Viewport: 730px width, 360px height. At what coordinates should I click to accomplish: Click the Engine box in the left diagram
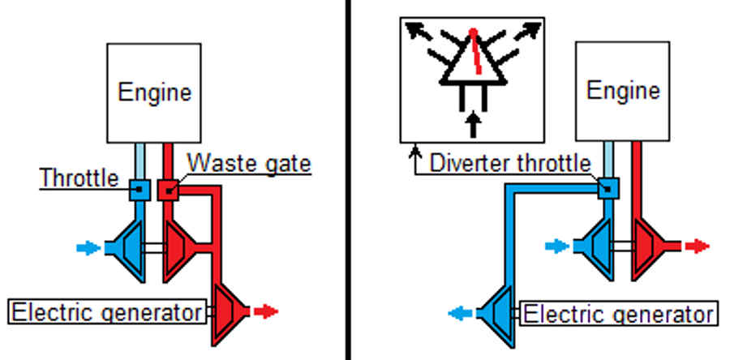coord(153,93)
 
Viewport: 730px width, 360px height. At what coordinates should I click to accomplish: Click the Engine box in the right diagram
coord(622,91)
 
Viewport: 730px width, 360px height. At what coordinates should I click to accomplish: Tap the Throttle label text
coord(79,178)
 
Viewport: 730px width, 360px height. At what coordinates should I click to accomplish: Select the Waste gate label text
coord(249,163)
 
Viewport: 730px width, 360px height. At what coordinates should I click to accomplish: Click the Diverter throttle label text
coord(510,163)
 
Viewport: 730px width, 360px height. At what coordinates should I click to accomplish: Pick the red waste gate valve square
coord(168,191)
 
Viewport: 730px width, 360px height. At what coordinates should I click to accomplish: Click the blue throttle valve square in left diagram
coord(140,191)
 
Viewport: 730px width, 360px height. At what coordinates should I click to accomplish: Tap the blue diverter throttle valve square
coord(608,188)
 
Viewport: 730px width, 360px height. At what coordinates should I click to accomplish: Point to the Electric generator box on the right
coord(618,314)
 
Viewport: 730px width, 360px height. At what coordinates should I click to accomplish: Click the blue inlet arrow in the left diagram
coord(88,248)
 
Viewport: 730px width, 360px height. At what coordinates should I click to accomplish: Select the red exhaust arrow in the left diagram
coord(266,311)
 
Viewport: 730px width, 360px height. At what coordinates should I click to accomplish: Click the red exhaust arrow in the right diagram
coord(698,246)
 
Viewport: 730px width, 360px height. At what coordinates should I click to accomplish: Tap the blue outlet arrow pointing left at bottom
coord(461,314)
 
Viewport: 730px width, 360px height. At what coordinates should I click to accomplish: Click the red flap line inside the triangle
coord(476,51)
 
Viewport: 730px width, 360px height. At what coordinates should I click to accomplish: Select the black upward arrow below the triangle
coord(473,125)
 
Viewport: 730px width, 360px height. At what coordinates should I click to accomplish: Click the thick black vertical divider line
coord(348,180)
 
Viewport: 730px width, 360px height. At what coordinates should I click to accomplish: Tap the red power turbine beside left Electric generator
coord(229,311)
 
